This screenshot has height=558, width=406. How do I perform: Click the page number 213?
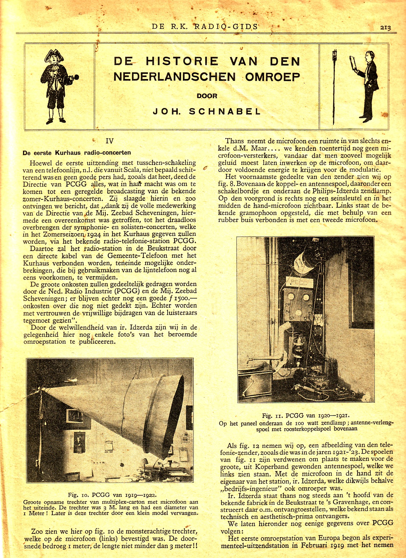coord(385,27)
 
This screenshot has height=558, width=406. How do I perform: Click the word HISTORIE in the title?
coord(182,61)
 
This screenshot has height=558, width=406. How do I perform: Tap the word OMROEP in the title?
coord(273,77)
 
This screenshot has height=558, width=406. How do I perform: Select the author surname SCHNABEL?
coord(225,111)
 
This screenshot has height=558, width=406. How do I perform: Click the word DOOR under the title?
coord(207,96)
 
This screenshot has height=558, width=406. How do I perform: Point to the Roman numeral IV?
coord(109,141)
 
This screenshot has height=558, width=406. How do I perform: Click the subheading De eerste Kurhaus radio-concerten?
coord(76,153)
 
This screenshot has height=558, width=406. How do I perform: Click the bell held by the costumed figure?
coord(75,77)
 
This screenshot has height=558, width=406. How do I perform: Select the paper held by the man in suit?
coord(353,64)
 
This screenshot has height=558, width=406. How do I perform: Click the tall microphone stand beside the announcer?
coord(334,86)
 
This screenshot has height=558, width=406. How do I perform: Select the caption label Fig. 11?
coord(272,416)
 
